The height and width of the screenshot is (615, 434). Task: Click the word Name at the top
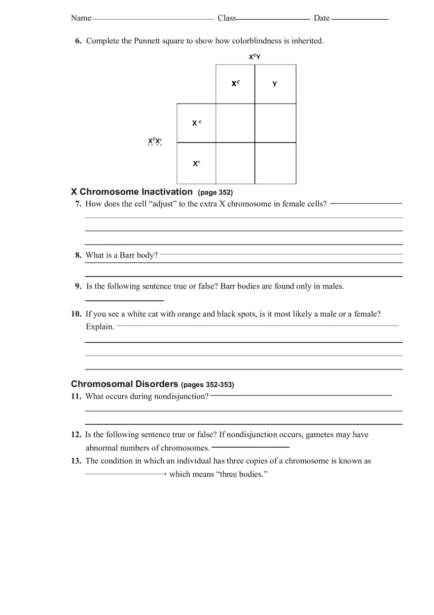(x=81, y=18)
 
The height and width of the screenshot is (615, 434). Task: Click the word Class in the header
(x=227, y=18)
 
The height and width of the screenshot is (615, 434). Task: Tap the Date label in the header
(x=322, y=18)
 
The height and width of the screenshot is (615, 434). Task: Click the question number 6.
(x=78, y=41)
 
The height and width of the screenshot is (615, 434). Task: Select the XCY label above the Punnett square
(x=254, y=57)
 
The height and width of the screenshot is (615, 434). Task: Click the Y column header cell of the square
(x=275, y=84)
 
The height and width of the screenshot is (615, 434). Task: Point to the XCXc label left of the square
(x=155, y=142)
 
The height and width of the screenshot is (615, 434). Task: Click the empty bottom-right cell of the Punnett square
(x=275, y=163)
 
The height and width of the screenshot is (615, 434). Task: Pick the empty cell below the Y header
(x=275, y=123)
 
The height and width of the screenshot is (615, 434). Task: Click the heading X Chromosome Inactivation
(x=132, y=192)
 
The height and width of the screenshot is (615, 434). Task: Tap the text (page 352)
(x=215, y=192)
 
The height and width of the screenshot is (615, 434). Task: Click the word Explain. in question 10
(x=100, y=327)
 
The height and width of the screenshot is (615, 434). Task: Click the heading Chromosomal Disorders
(x=124, y=384)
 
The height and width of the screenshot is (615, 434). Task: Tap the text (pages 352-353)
(x=208, y=385)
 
